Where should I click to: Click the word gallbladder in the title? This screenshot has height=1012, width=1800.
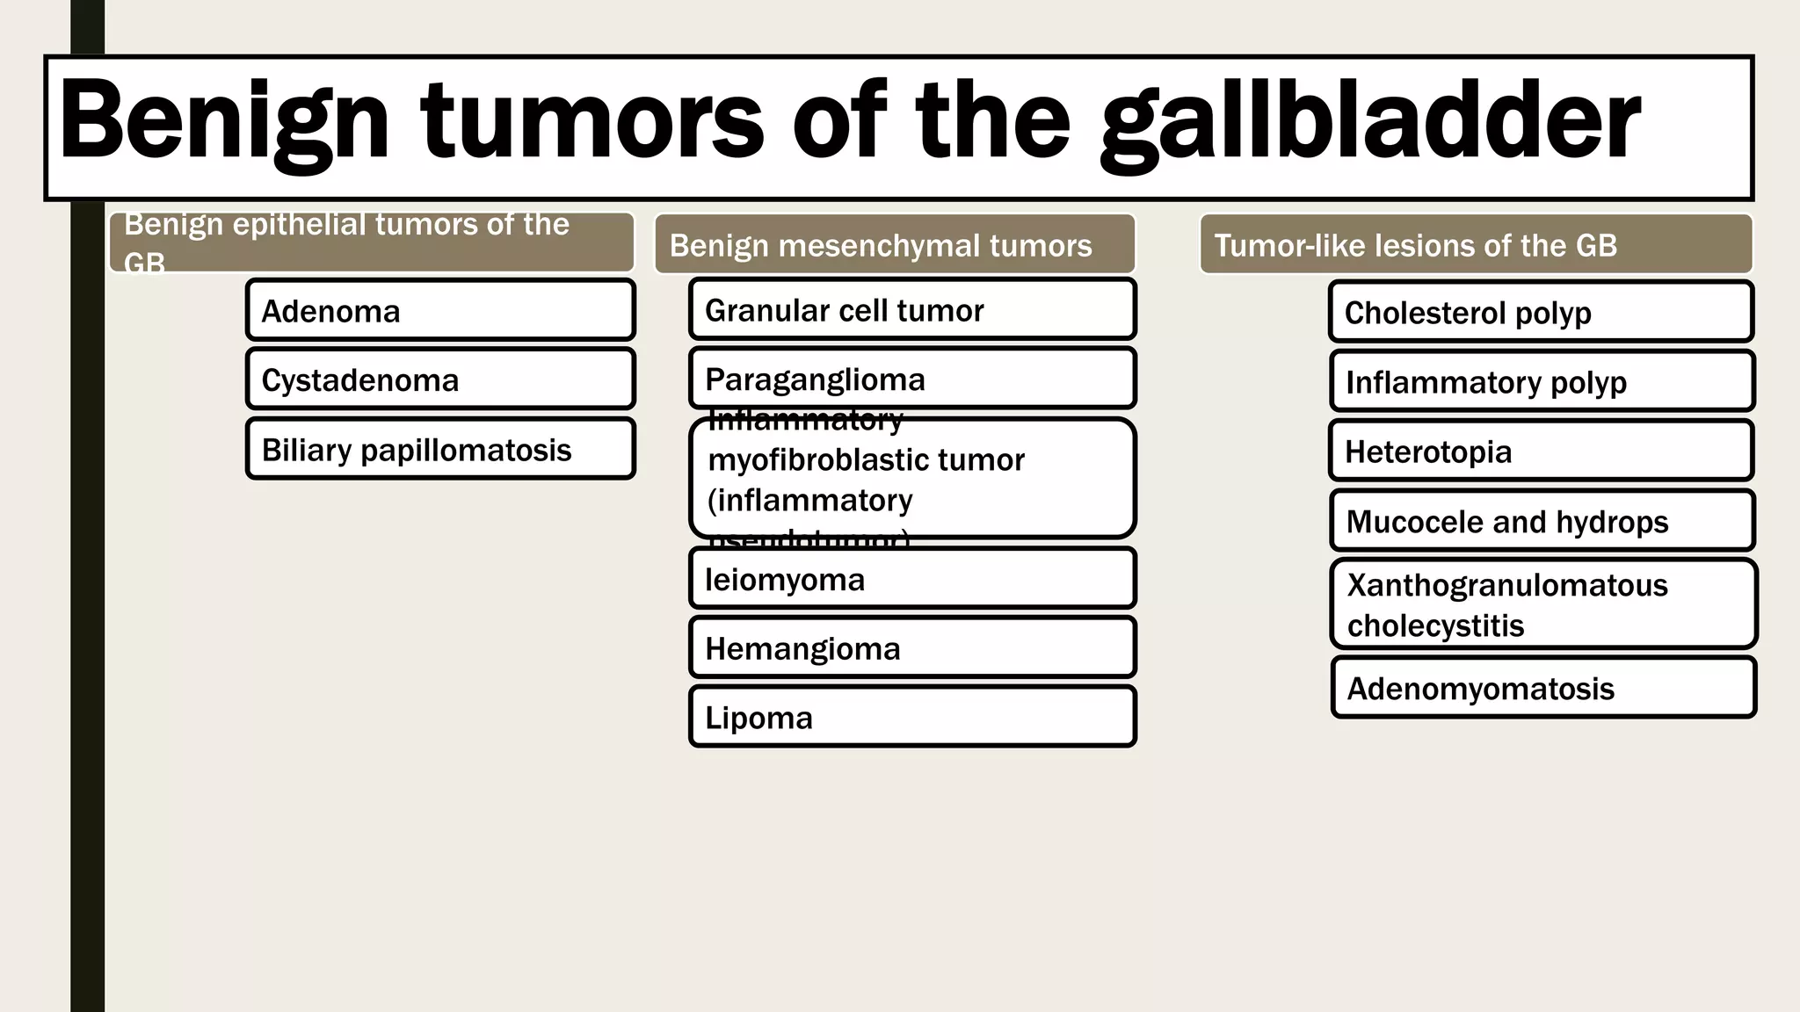click(x=1369, y=123)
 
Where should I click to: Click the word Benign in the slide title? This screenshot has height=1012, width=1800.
click(x=223, y=123)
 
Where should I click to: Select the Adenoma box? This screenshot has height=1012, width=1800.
click(x=439, y=310)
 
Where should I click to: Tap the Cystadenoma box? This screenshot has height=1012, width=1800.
click(x=439, y=379)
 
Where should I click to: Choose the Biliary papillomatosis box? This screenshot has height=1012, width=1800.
click(x=439, y=449)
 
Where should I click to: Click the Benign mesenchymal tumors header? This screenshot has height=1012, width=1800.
click(x=895, y=244)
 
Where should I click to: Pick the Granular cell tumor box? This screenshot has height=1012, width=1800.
click(x=912, y=309)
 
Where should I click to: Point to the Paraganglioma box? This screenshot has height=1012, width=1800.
click(x=912, y=379)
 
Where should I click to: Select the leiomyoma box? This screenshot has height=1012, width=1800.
click(x=912, y=578)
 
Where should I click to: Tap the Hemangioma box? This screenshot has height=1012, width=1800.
click(x=912, y=647)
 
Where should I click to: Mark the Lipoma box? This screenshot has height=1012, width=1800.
click(x=912, y=717)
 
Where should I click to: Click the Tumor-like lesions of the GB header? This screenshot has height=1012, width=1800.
click(x=1475, y=244)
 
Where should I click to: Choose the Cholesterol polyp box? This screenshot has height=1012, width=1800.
click(x=1541, y=312)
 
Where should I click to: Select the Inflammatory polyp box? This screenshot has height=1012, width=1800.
click(x=1542, y=381)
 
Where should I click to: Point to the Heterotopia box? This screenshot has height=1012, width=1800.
click(x=1541, y=451)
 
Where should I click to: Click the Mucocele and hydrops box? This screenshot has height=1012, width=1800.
click(x=1542, y=521)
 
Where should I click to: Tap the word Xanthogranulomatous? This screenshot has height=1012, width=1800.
click(x=1506, y=585)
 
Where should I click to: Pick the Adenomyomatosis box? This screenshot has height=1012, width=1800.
click(x=1543, y=688)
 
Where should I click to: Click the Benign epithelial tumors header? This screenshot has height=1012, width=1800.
click(x=371, y=242)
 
